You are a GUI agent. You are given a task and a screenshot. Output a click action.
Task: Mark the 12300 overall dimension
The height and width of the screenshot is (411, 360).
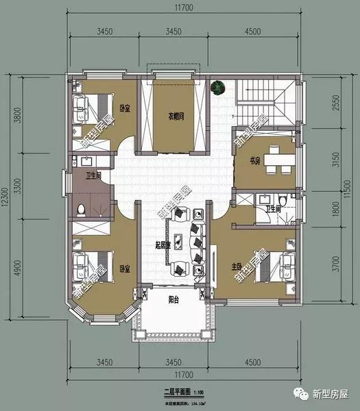click(6, 196)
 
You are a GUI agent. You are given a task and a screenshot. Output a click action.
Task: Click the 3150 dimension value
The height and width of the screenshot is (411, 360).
click(335, 160)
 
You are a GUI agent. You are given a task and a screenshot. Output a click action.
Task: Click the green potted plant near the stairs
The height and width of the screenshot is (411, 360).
click(217, 88)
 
